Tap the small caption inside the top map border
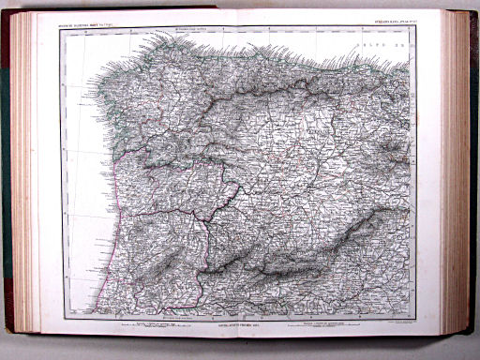tap(197, 29)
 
